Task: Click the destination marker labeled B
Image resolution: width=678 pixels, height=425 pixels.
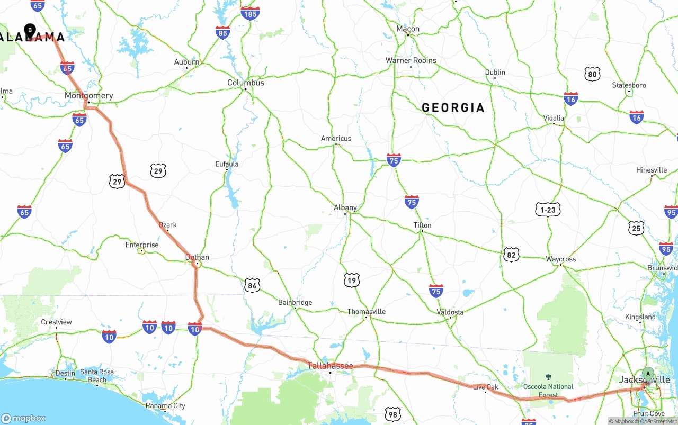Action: pos(30,30)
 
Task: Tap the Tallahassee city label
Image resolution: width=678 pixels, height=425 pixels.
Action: pos(331,366)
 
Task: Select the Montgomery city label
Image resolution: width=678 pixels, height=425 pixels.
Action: pos(89,96)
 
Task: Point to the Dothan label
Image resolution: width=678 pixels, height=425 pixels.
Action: pos(197,257)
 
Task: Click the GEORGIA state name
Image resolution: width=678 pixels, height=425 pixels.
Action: pos(453,108)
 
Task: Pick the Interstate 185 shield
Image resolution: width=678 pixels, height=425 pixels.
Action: pos(250,13)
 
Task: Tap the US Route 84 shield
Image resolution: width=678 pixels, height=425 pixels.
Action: pos(252,286)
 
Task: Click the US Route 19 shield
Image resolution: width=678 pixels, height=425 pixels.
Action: pos(351,280)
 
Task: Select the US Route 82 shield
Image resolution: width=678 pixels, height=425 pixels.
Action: pos(511,255)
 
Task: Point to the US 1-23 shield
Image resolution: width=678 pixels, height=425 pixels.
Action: pos(548,210)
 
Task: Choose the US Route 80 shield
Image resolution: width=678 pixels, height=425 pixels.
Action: pos(593,74)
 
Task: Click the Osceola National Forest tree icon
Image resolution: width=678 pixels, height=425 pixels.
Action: pos(548,378)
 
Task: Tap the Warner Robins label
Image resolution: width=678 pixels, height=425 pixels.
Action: pos(411,60)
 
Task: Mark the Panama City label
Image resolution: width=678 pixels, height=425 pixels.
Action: pos(166,406)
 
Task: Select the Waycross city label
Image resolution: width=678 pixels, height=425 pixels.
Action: pos(561,259)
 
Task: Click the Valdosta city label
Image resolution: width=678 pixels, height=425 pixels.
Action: pos(450,312)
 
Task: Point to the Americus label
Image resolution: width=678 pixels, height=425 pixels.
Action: pos(336,139)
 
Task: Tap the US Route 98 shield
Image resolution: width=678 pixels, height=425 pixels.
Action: pos(392,414)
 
